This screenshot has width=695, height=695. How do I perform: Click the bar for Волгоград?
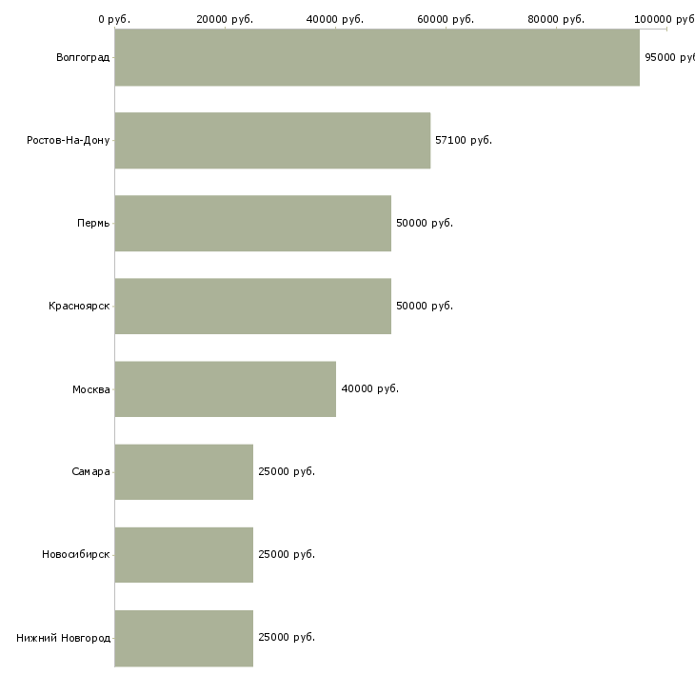coord(377,57)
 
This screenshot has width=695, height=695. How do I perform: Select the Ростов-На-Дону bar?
coord(272,140)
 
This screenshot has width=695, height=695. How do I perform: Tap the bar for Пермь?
coord(253,223)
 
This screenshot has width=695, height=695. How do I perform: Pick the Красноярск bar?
coord(253,306)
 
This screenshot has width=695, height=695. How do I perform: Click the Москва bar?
coord(226,388)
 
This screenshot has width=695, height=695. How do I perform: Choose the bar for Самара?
coord(184,471)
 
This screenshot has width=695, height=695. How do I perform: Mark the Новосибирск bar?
coord(184,554)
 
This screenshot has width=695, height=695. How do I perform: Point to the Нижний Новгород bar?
coord(184,638)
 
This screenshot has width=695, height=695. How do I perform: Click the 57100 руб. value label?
coord(464,140)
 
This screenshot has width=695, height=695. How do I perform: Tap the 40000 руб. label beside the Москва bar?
coord(369,388)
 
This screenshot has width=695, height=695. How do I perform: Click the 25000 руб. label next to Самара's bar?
coord(287,471)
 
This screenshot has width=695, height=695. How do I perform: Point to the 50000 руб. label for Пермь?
coord(425,223)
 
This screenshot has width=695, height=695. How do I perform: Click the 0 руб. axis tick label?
coord(114,19)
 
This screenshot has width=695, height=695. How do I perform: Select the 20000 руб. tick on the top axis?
coord(225,19)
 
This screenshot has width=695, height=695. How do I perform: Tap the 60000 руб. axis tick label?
coord(446,19)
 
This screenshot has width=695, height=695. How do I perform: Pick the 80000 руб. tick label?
coord(556,19)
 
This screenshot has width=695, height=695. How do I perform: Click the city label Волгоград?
coord(83,57)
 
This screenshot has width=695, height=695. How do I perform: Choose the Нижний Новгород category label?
coord(64,638)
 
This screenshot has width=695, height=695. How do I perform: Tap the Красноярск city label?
coord(79,306)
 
